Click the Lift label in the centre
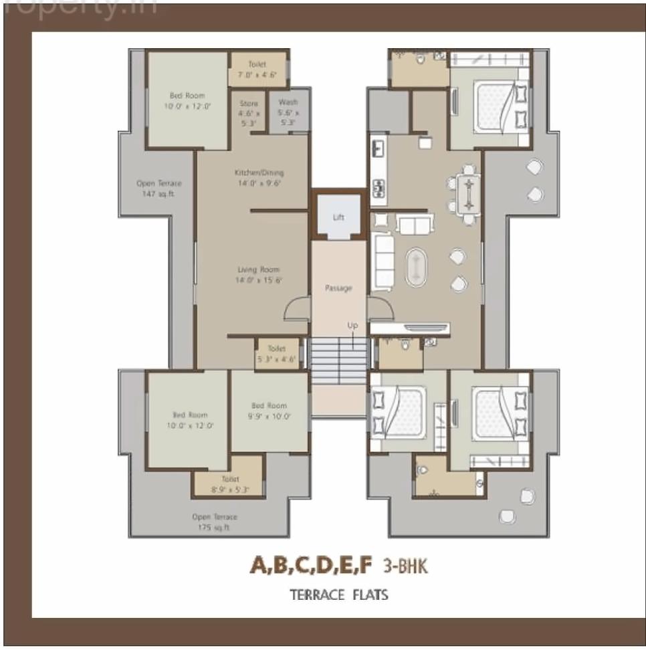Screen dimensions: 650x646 (x=338, y=217)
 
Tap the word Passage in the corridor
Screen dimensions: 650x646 (x=338, y=288)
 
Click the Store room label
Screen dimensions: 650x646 (x=249, y=113)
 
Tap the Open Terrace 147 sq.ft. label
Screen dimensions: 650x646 (x=158, y=189)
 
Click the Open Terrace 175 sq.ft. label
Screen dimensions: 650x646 (x=214, y=522)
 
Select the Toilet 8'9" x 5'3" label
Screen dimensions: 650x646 (x=230, y=484)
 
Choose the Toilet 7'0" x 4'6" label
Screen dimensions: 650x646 (x=257, y=70)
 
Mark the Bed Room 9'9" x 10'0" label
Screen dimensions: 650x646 (x=269, y=411)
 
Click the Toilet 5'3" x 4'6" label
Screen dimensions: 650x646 (x=276, y=354)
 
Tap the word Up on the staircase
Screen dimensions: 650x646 (x=352, y=326)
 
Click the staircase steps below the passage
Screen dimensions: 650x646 (x=339, y=360)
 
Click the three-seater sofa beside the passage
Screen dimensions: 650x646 (x=383, y=261)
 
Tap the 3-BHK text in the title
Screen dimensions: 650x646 (x=405, y=566)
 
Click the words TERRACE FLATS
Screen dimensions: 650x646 (x=338, y=594)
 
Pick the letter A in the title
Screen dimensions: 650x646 (x=259, y=566)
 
